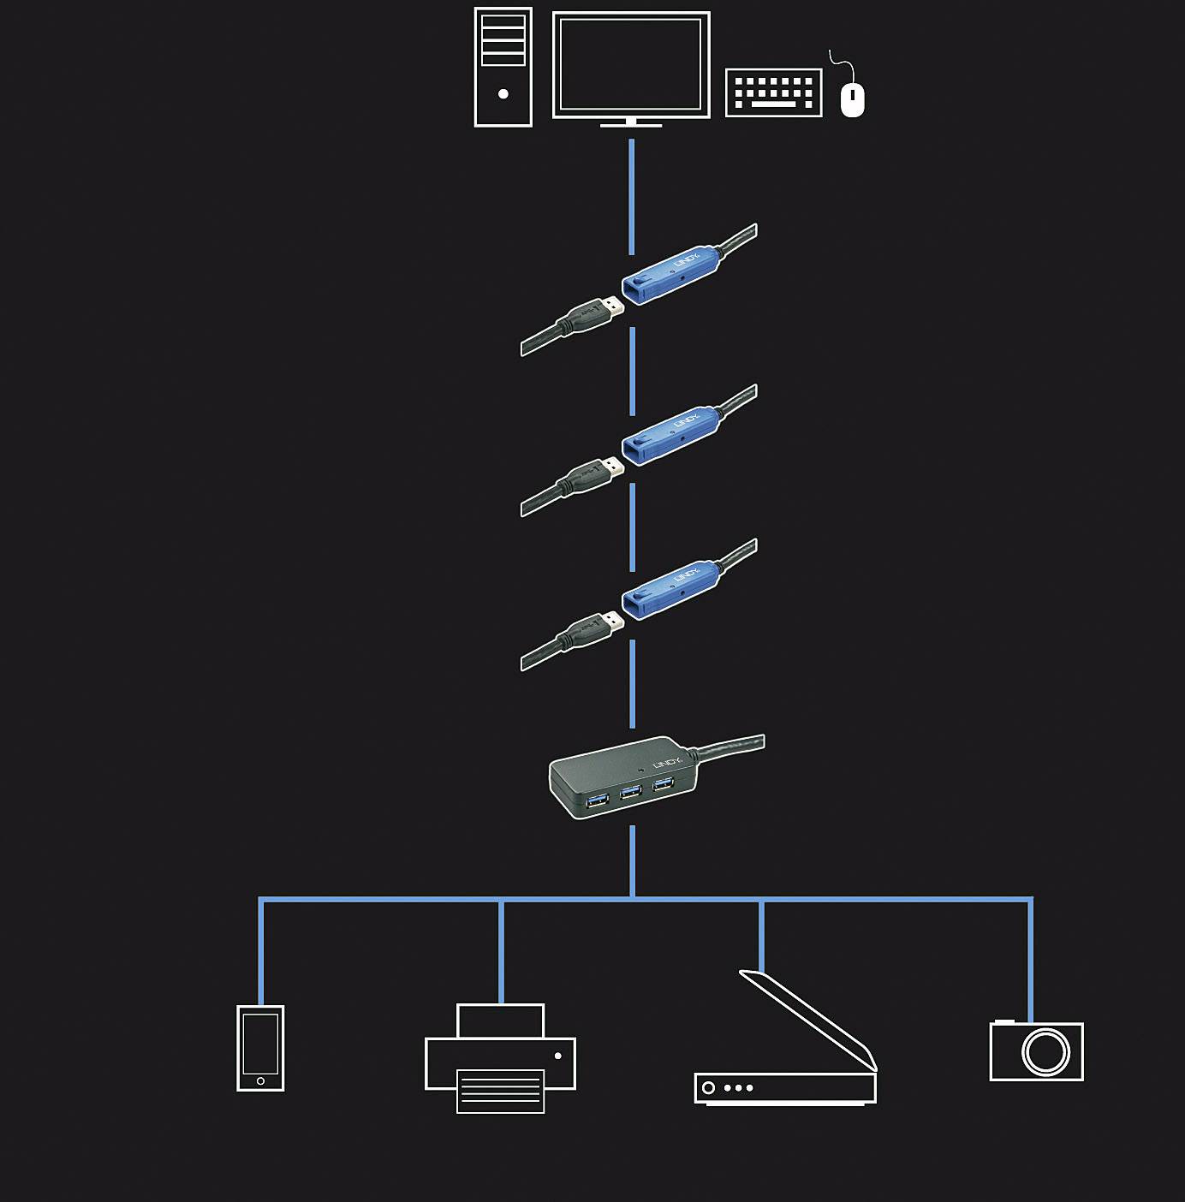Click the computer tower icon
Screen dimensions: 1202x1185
pos(503,68)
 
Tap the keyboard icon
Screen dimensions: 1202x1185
pos(773,92)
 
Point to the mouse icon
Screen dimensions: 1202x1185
pos(852,99)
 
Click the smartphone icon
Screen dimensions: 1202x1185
pos(260,1048)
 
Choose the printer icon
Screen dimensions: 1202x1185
pos(501,1060)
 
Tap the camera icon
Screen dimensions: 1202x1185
pos(1037,1050)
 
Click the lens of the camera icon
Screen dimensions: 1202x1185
pos(1045,1052)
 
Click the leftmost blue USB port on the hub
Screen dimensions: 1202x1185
pos(598,800)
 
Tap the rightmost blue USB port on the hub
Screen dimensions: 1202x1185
pos(663,783)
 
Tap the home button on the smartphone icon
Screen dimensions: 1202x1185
pos(260,1081)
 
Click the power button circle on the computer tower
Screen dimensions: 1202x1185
pos(503,94)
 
